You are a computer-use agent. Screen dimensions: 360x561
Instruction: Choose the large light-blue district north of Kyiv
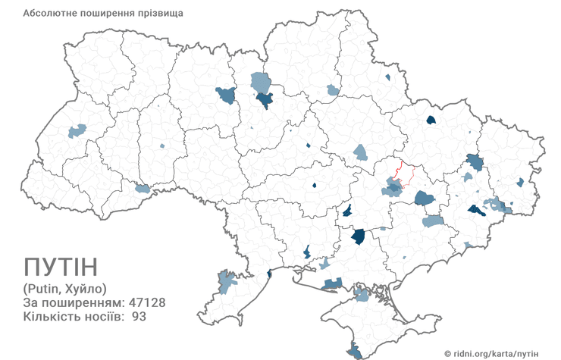point(261,80)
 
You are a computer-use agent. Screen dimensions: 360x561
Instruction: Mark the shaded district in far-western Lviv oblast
point(77,131)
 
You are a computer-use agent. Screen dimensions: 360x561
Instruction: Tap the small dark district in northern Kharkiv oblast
point(431,119)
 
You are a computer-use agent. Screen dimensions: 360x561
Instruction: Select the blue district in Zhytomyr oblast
point(226,95)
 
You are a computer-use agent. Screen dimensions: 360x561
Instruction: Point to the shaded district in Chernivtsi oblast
point(142,188)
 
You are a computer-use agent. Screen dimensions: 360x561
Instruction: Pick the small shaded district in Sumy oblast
point(387,77)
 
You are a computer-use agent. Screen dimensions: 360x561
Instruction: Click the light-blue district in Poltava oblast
point(360,152)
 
